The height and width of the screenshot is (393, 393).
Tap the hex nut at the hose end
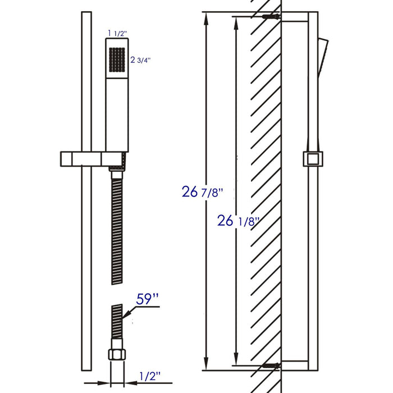point(116,354)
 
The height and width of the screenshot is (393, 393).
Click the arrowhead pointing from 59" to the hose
point(126,318)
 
